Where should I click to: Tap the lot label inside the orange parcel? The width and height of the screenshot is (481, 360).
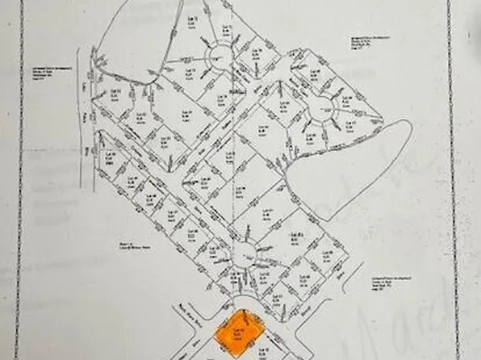[239, 332]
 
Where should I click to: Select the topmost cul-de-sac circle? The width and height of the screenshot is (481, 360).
[218, 56]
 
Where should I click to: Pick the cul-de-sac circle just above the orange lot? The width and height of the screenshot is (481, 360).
[244, 255]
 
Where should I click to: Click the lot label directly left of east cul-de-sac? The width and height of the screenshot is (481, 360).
[283, 109]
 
